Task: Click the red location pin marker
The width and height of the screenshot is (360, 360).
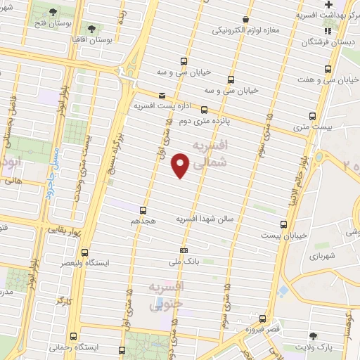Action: tap(181, 165)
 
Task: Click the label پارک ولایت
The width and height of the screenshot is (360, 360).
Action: tap(332, 347)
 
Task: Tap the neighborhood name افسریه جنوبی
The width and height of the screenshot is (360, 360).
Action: tap(167, 296)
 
